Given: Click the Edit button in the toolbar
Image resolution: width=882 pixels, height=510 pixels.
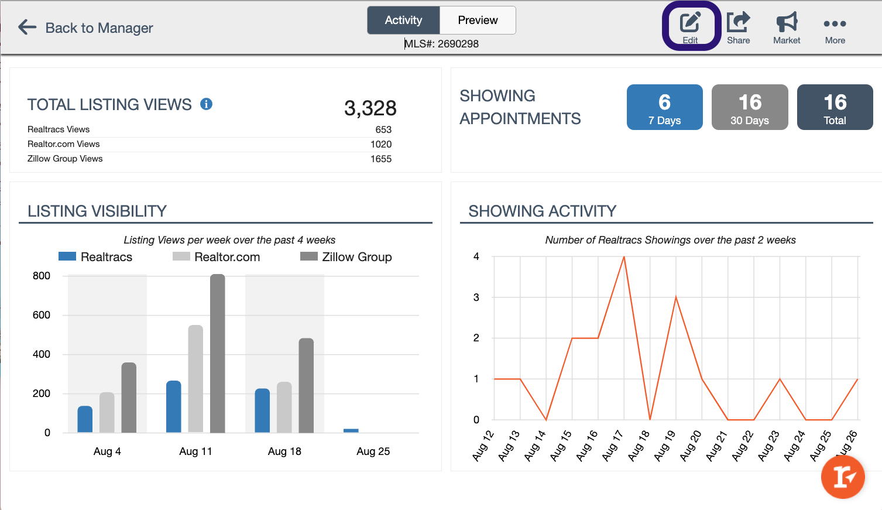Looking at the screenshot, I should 690,27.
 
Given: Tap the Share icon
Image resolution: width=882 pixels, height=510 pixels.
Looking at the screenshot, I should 738,27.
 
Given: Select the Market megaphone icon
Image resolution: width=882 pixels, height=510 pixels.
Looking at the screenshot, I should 787,27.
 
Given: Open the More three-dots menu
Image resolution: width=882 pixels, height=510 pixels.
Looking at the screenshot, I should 835,27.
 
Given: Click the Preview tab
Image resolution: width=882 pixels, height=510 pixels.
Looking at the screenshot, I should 478,20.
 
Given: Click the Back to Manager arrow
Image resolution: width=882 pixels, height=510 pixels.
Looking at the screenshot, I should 28,27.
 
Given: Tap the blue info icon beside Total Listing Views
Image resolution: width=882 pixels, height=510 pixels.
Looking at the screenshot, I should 206,104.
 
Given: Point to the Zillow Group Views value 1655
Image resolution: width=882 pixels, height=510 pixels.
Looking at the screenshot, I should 381,159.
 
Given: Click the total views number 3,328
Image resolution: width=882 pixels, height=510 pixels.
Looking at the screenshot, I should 370,108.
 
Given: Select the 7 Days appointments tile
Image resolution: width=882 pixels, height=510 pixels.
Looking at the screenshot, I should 664,107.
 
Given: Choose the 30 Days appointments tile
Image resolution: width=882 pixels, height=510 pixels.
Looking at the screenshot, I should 750,107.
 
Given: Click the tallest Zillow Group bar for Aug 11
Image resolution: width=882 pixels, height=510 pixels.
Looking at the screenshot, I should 217,354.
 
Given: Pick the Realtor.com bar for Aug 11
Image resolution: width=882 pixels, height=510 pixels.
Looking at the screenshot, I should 195,379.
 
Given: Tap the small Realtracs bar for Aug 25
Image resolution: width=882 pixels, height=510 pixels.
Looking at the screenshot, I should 351,430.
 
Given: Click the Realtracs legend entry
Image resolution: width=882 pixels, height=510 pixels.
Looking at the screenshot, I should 96,257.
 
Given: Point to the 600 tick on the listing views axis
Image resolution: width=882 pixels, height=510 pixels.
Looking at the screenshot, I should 42,315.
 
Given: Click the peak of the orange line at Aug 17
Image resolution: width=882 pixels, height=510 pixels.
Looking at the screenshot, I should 624,257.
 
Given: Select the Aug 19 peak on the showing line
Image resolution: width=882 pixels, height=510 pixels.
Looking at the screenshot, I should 676,297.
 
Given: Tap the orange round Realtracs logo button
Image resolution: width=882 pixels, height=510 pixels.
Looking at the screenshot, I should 843,477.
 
